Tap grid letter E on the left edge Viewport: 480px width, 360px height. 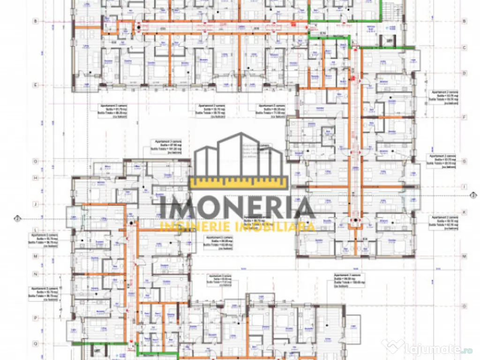pyautogui.click(x=35, y=85)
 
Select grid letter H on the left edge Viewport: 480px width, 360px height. pyautogui.click(x=35, y=178)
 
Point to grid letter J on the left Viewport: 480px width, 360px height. pyautogui.click(x=35, y=204)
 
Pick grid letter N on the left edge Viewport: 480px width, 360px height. pyautogui.click(x=35, y=274)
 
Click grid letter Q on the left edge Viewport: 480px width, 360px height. pyautogui.click(x=35, y=343)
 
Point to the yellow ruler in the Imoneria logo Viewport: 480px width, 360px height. pyautogui.click(x=239, y=182)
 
